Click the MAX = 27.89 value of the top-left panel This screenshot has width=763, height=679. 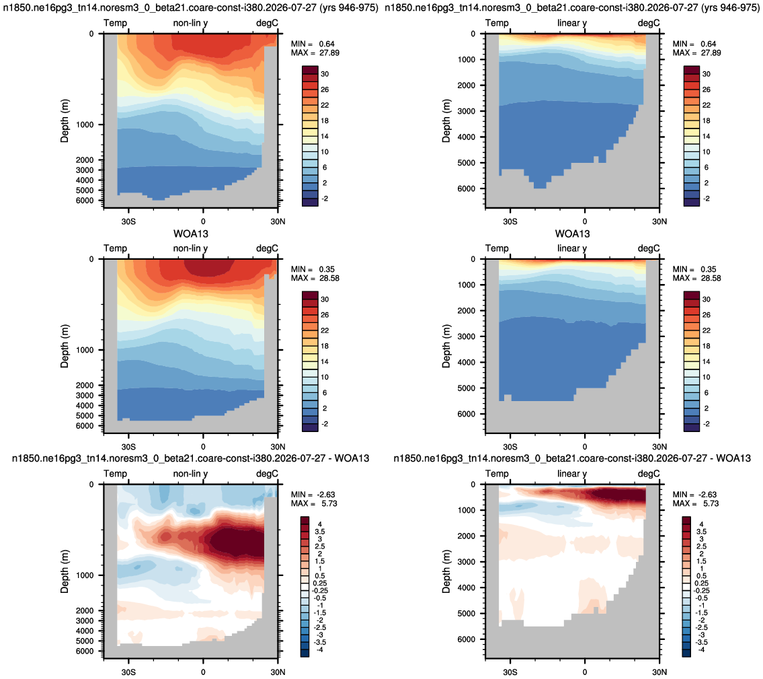point(315,52)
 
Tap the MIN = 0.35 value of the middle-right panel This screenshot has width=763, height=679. point(694,269)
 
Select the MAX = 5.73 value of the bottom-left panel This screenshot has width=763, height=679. point(314,503)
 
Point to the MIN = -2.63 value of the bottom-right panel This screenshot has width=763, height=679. point(695,495)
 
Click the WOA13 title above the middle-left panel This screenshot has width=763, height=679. point(191,234)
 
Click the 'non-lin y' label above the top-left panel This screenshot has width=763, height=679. point(190,23)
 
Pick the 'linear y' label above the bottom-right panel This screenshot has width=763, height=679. point(572,474)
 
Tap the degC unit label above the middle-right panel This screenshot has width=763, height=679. point(649,248)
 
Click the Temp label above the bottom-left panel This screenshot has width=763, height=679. point(116,474)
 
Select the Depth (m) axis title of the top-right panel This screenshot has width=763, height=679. point(446,121)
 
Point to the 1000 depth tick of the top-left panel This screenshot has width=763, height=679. point(85,124)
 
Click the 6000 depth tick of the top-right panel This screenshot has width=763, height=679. point(466,188)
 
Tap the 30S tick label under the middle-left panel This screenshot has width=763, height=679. point(128,447)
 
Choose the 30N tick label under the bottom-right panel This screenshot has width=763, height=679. point(659,672)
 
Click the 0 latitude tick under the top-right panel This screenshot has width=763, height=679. point(585,221)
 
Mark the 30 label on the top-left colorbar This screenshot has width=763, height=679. point(325,74)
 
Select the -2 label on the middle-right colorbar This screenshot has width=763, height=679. point(706,424)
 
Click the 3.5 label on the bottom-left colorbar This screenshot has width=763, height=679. point(320,532)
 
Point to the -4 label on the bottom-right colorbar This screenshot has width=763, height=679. point(701,649)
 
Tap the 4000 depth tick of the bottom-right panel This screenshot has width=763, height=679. point(466,587)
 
